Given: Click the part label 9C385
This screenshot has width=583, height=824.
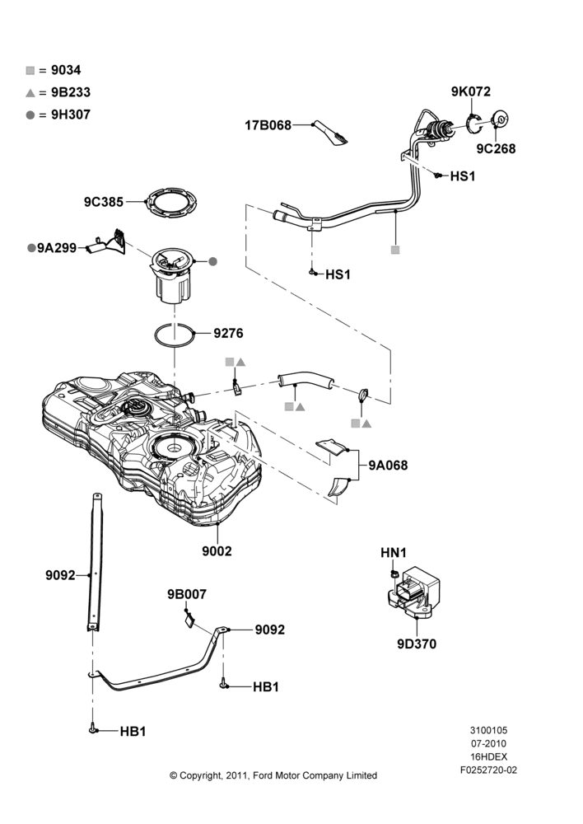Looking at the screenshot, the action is [x=104, y=202].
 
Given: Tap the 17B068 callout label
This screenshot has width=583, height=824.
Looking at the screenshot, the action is [x=268, y=125].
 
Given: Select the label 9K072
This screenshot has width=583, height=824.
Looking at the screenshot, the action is [x=471, y=91].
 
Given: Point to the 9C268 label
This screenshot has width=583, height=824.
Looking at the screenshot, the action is [x=496, y=148].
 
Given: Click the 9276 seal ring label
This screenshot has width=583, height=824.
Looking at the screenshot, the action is [x=228, y=333].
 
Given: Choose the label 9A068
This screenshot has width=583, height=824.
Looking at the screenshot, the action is [x=388, y=465].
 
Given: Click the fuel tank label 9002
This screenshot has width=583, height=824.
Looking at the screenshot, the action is [x=217, y=550].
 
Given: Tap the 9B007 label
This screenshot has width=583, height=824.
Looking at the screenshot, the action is [x=187, y=594].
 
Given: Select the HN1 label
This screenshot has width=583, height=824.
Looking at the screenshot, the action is [x=394, y=553].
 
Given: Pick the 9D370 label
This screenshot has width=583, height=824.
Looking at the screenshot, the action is [x=417, y=644].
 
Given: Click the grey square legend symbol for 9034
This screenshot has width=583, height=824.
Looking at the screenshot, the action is [x=30, y=70].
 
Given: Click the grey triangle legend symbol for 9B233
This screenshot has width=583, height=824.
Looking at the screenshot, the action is [x=30, y=93].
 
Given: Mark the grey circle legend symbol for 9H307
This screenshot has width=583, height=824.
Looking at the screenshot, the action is [x=30, y=115].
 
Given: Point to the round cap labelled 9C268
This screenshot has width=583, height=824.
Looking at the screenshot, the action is [x=501, y=119].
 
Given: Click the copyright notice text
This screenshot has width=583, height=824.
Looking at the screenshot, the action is [x=273, y=775].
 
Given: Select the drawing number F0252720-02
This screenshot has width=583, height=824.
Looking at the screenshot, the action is [x=488, y=770].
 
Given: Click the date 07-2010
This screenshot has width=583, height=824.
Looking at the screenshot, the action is [x=488, y=743].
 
